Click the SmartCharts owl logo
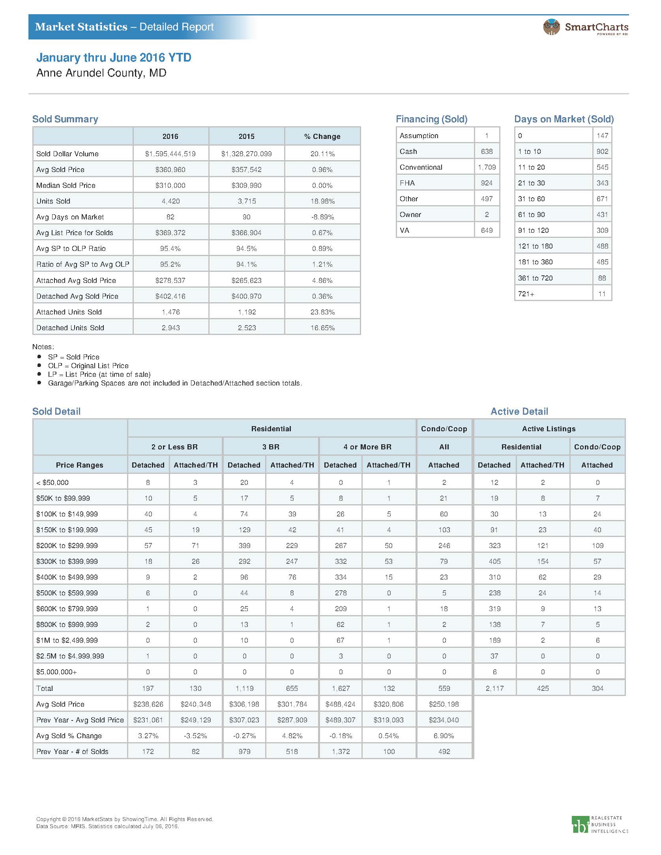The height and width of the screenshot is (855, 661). coord(551,27)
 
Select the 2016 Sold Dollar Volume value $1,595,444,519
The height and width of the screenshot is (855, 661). coord(170,153)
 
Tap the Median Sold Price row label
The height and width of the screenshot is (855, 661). coord(66,185)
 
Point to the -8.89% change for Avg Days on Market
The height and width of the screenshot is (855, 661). coord(322,217)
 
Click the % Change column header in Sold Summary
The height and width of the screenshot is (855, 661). coord(322,136)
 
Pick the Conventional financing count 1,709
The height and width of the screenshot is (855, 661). coord(487,167)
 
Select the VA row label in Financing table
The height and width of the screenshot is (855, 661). coord(404,230)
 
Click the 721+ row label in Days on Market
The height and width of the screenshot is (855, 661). coord(526,294)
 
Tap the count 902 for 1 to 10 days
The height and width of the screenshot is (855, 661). coord(602,151)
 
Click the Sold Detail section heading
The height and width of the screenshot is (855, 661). coord(56,411)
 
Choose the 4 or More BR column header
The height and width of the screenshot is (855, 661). coord(367,447)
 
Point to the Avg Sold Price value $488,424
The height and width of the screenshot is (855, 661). coord(340,704)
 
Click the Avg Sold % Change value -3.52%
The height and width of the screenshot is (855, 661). coord(195,735)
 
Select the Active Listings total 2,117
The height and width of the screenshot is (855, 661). coord(494,688)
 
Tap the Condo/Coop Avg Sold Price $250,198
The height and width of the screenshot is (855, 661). coord(444,704)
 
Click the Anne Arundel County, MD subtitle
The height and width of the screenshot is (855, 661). coord(101,73)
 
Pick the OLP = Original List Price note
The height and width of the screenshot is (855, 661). coord(88,365)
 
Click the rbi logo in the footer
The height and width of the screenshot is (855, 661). coord(580,825)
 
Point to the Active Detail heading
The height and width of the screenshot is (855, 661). coord(519,411)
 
